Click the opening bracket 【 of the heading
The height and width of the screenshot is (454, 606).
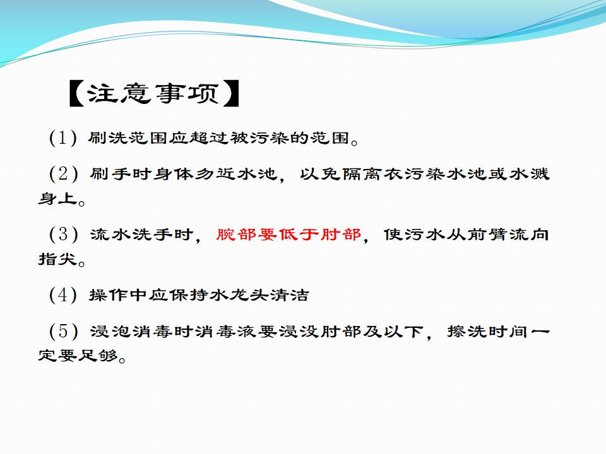[x=77, y=93]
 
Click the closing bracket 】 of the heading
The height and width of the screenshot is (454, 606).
[x=232, y=93]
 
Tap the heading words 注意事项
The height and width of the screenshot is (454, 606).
[x=154, y=93]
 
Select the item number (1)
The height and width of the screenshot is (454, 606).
[x=63, y=138]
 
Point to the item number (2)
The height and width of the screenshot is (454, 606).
[x=63, y=174]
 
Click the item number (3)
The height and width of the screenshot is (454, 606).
[x=63, y=235]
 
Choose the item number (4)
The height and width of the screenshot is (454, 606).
[x=63, y=295]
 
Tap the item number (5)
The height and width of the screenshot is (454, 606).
[x=63, y=331]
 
